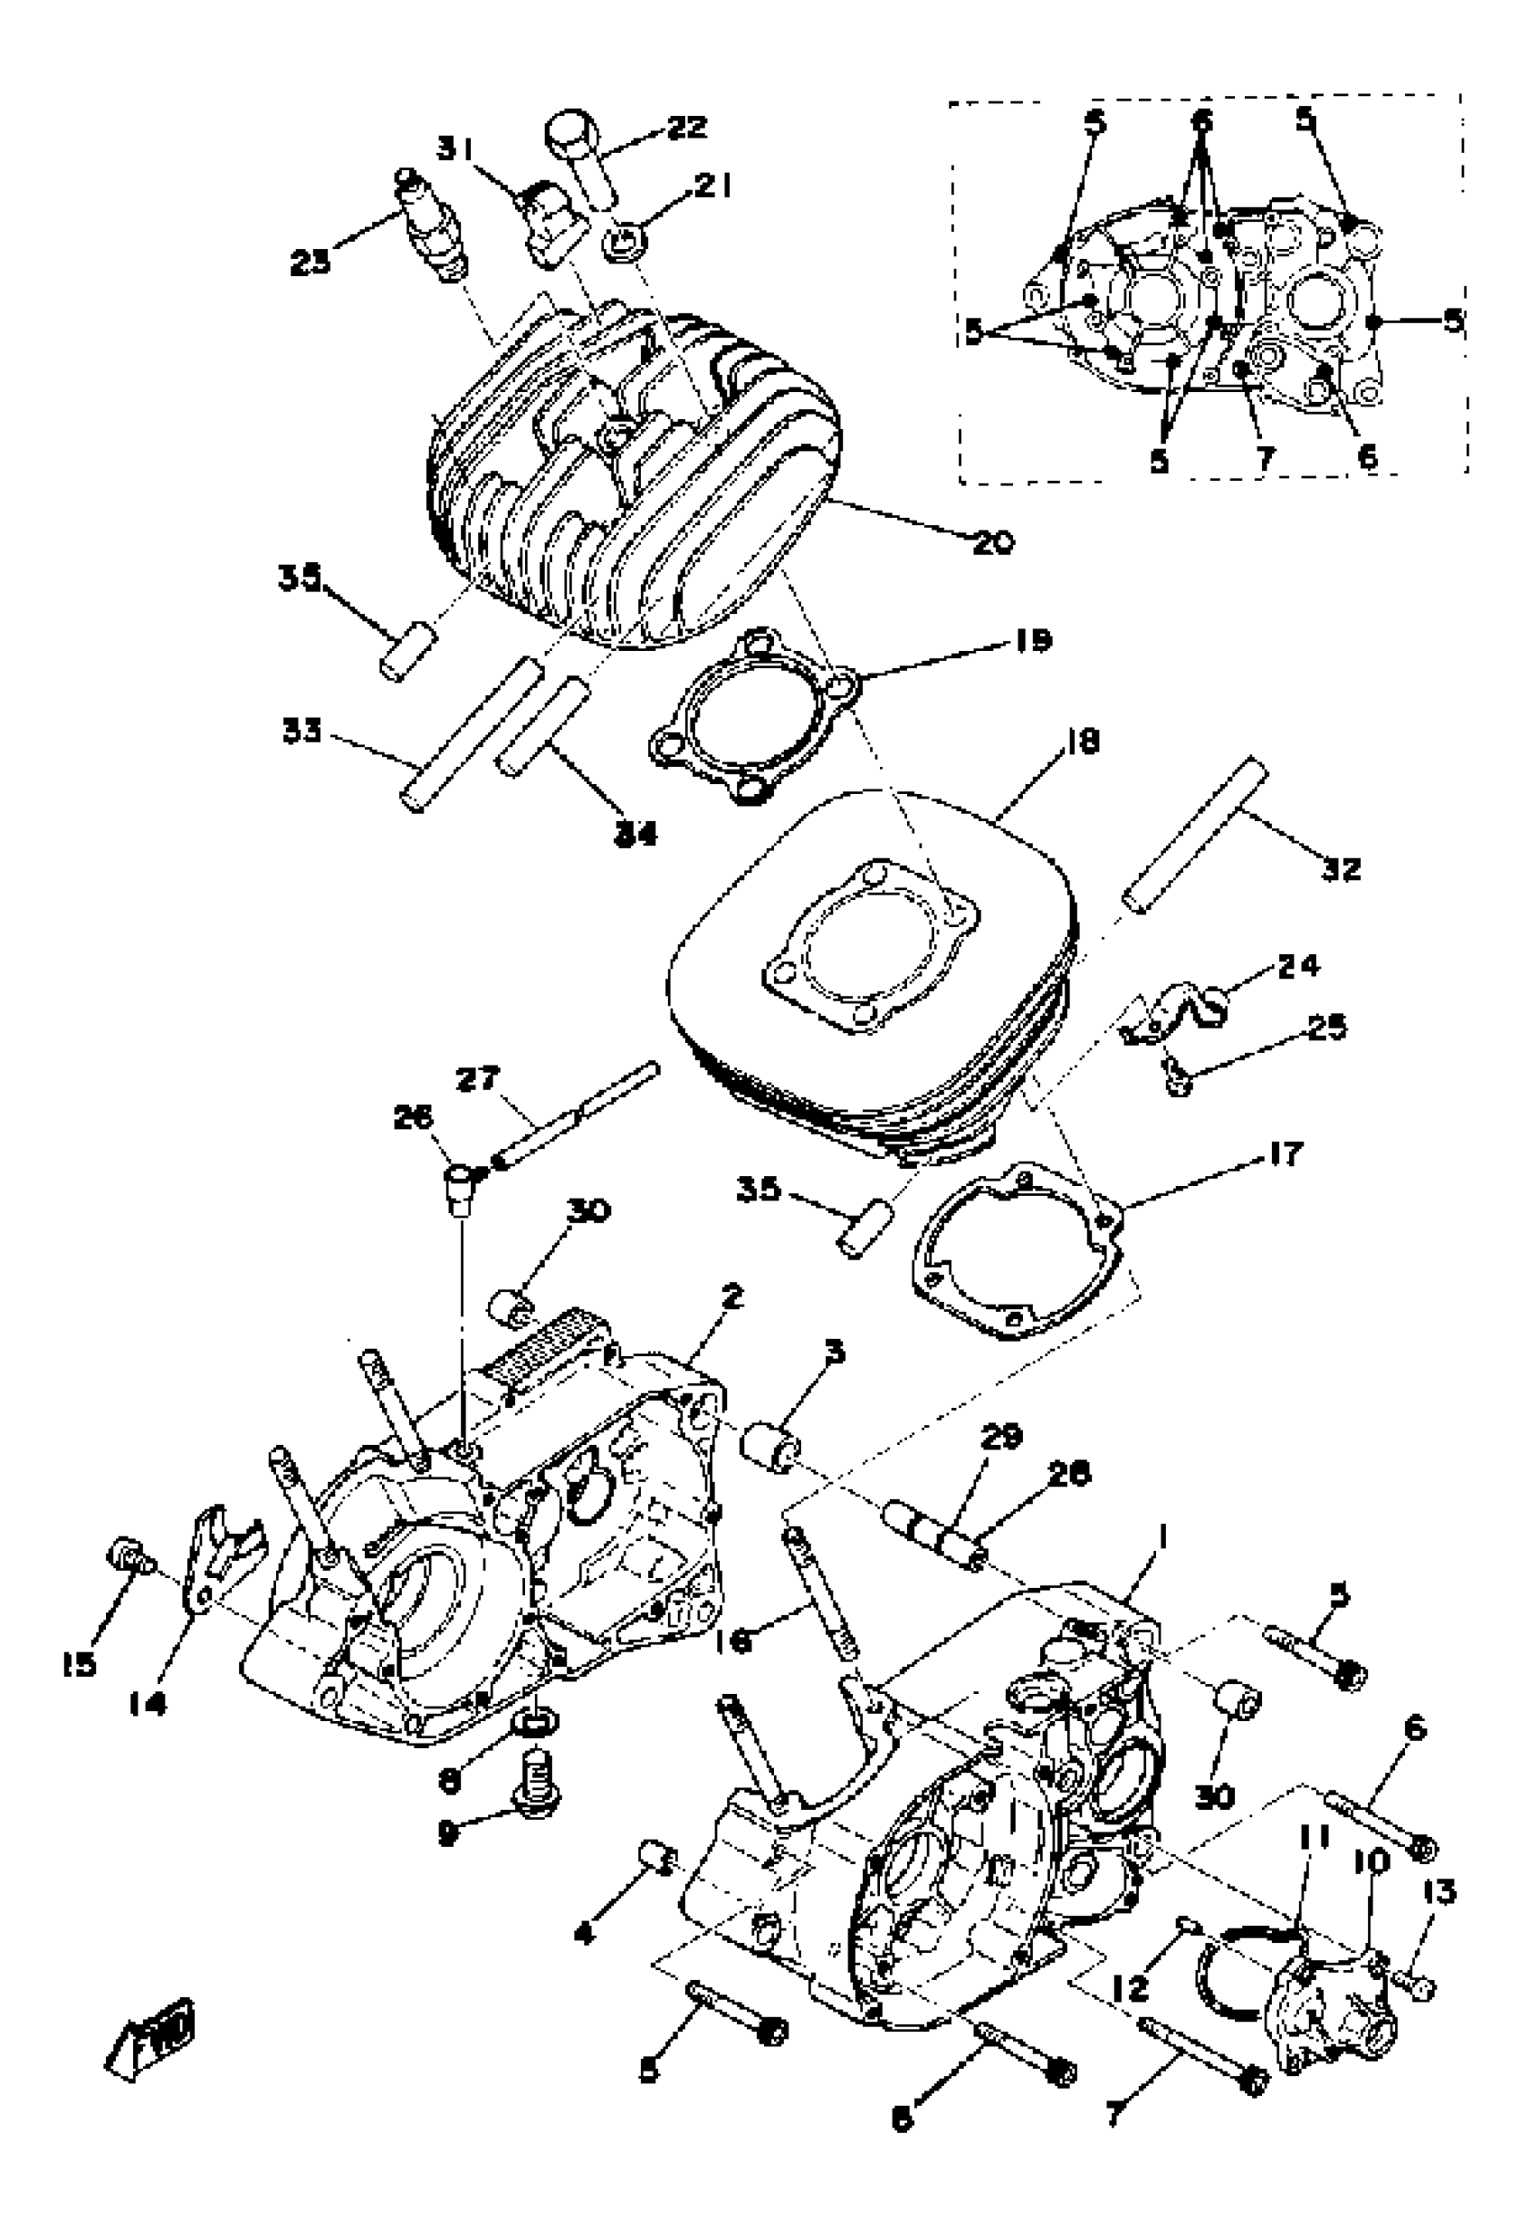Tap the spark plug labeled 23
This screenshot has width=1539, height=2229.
coord(431,226)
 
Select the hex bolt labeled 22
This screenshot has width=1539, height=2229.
coord(581,160)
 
